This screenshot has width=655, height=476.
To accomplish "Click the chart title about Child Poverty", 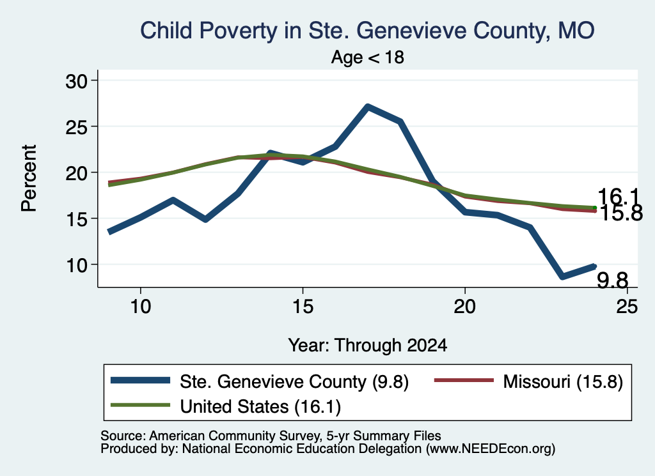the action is coord(367,31).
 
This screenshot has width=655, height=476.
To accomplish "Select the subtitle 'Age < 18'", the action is coord(368,57).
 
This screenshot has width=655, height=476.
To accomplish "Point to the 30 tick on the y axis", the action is coord(76,81).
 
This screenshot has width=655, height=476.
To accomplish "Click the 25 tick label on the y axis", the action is coord(76,127).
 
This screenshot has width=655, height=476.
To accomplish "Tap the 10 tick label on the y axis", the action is coord(76,265).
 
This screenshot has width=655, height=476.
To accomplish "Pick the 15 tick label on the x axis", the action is coord(303,307).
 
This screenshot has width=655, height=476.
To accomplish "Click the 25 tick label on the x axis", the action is coord(627,307).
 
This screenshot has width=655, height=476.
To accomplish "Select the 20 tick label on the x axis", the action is coord(465,307).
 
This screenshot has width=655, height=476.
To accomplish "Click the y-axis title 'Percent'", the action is coord(29,178).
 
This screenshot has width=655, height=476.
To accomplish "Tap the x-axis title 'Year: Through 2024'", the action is coord(368,346).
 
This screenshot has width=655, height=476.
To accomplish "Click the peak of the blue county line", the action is coord(367,107).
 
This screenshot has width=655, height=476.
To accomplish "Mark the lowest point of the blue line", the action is coord(563,276).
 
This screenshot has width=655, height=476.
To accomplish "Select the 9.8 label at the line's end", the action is coord(612,280).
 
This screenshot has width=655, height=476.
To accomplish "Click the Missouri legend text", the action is coord(563,381).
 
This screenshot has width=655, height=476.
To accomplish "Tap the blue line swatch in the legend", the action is coord(140,380).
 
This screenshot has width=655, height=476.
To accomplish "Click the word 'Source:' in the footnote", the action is coord(123,436).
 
